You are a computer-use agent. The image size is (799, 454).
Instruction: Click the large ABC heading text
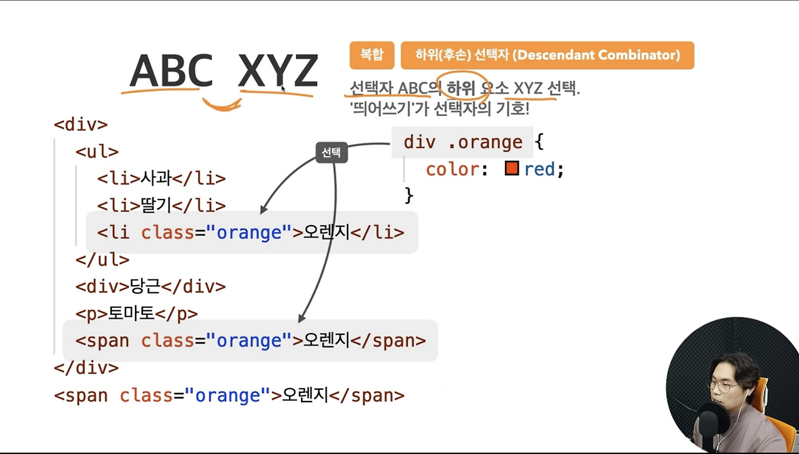[x=171, y=71]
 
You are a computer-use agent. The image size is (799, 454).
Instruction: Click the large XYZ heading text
[x=278, y=71]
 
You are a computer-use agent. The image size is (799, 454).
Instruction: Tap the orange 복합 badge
[x=371, y=55]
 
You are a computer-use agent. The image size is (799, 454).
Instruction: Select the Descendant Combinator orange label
[x=547, y=55]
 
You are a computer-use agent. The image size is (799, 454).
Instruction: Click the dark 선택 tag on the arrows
[x=331, y=153]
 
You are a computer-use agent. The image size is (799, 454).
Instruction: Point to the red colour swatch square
[x=512, y=168]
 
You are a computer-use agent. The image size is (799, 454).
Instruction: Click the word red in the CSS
[x=539, y=169]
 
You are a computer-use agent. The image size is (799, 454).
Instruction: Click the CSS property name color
[x=452, y=169]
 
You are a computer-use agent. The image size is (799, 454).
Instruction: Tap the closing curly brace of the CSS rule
[x=409, y=195]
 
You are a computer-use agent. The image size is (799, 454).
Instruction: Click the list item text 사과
[x=156, y=178]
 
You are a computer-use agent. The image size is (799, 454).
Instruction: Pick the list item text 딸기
[x=156, y=205]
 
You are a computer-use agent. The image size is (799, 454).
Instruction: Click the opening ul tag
[x=97, y=152]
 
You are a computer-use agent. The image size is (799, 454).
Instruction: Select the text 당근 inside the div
[x=145, y=286]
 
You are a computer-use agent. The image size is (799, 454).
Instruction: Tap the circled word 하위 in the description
[x=461, y=89]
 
